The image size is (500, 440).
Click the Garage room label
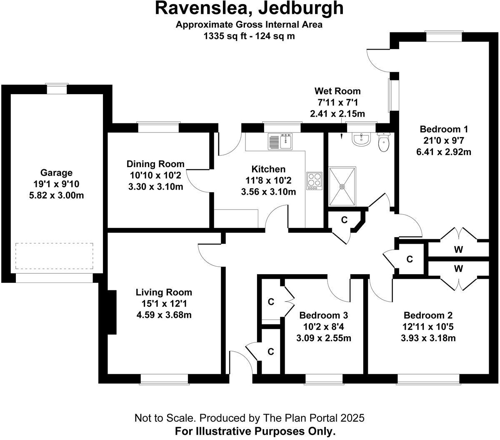[x=56, y=172]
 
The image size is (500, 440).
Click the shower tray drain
[x=343, y=186]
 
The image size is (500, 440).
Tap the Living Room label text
[x=164, y=292]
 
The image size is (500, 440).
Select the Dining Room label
[x=155, y=164]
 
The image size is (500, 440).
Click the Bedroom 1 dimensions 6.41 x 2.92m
[x=444, y=152]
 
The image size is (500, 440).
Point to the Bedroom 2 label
[x=428, y=315]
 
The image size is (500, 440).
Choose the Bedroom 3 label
[x=323, y=315]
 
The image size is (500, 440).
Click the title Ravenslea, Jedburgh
[x=249, y=8]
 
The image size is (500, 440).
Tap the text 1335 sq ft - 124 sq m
[x=249, y=36]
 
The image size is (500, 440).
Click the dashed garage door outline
[x=54, y=256]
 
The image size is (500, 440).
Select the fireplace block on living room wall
[x=112, y=312]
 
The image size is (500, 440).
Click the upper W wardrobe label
[x=458, y=250]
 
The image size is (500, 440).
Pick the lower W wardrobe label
[x=458, y=269]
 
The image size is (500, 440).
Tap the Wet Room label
[x=337, y=91]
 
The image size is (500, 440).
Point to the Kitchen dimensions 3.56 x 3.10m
[x=268, y=192]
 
